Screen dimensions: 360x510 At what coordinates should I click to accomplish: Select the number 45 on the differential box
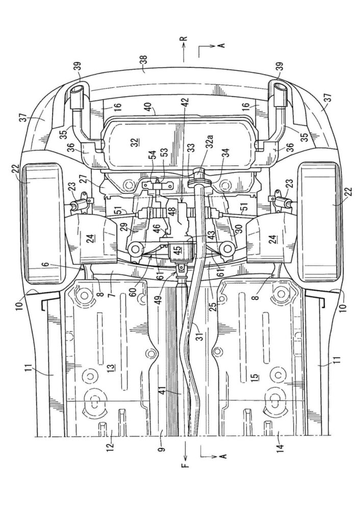point(178,251)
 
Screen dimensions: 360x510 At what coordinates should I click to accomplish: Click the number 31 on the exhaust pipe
point(201,335)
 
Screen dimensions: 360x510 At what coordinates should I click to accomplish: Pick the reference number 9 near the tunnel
point(162,448)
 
